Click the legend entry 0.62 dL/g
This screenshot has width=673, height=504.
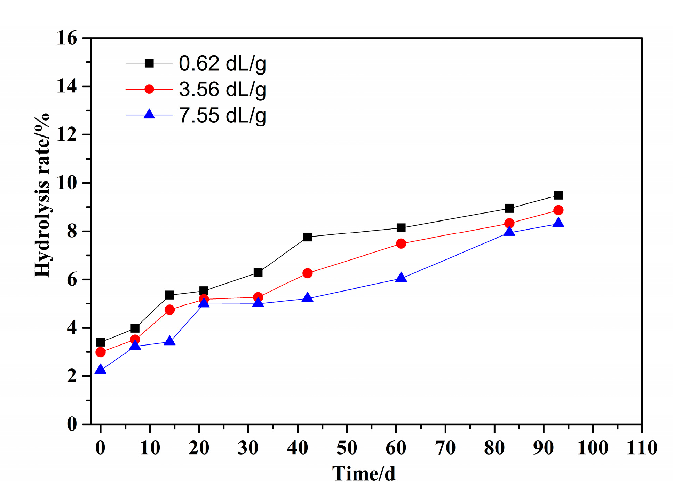(x=222, y=63)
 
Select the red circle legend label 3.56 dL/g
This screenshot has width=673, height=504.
(x=222, y=90)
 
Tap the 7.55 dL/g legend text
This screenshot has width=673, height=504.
(x=222, y=115)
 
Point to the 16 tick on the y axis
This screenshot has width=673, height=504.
(x=67, y=38)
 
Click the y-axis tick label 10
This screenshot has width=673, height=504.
(x=67, y=183)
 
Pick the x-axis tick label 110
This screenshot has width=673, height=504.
(x=642, y=448)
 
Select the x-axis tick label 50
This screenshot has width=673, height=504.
(x=347, y=448)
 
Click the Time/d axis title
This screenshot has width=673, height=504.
(x=364, y=474)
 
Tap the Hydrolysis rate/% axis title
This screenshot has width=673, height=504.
(x=42, y=195)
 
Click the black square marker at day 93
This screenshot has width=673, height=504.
(x=558, y=195)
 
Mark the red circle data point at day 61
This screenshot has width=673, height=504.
(x=401, y=243)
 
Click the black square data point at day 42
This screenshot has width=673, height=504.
(x=307, y=237)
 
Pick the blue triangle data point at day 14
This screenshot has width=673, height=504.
(x=169, y=341)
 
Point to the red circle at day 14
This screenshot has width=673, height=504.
(x=169, y=310)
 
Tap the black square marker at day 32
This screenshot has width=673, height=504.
(x=258, y=272)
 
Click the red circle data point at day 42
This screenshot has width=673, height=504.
(x=307, y=273)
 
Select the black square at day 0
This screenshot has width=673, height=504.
(x=101, y=342)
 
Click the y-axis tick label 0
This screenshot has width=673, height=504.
(x=72, y=424)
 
